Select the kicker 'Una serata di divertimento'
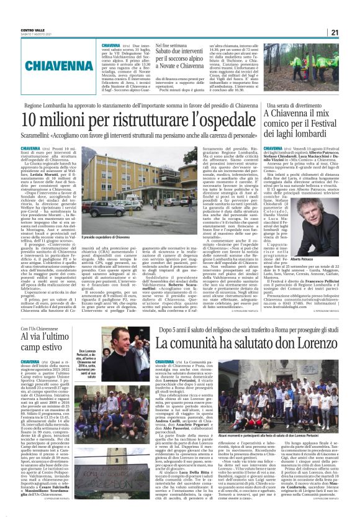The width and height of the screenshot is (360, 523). coord(297,106)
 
